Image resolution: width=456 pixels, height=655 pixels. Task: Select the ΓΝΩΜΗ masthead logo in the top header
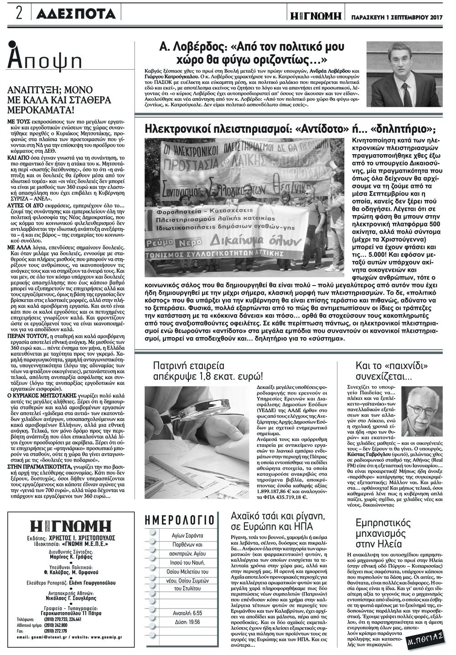[x=317, y=16]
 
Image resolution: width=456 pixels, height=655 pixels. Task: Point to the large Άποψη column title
[x=45, y=58]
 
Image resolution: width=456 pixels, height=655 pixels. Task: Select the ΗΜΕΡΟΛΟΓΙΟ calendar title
[x=179, y=520]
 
